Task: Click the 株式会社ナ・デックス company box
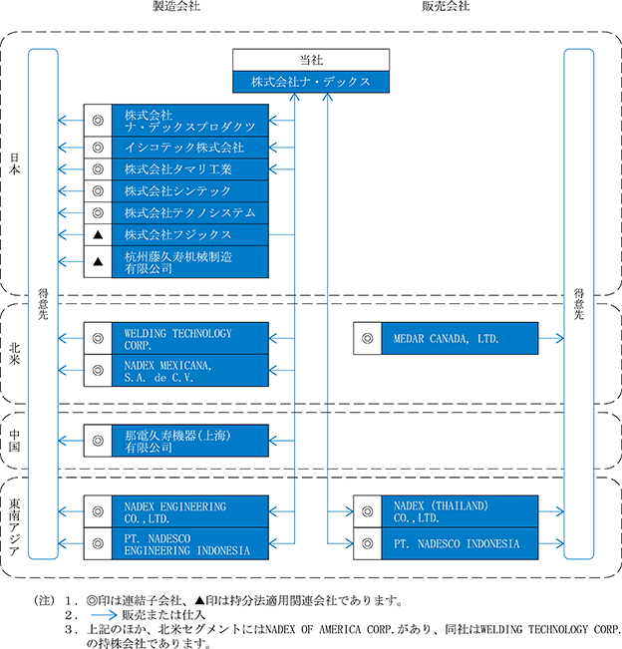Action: click(311, 82)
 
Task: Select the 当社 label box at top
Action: click(311, 60)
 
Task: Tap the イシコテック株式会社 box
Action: click(190, 148)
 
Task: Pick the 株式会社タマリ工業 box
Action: click(190, 169)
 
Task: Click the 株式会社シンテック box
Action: click(190, 191)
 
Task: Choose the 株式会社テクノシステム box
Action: click(190, 213)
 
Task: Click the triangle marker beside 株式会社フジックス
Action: click(98, 235)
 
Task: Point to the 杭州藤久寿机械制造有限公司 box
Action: click(190, 262)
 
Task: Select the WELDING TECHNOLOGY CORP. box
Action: click(190, 339)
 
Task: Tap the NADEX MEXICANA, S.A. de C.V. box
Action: click(190, 371)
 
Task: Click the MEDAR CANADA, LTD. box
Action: click(460, 339)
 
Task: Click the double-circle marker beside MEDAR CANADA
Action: click(368, 339)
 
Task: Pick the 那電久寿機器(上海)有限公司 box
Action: click(190, 441)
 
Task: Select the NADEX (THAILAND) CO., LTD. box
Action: click(460, 511)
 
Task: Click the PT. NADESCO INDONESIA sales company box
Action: click(460, 544)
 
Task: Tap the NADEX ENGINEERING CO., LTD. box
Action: click(190, 511)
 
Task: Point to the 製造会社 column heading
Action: click(176, 6)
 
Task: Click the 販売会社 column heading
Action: click(446, 6)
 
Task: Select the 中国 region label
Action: click(15, 441)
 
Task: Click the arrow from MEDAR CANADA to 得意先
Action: click(551, 339)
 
